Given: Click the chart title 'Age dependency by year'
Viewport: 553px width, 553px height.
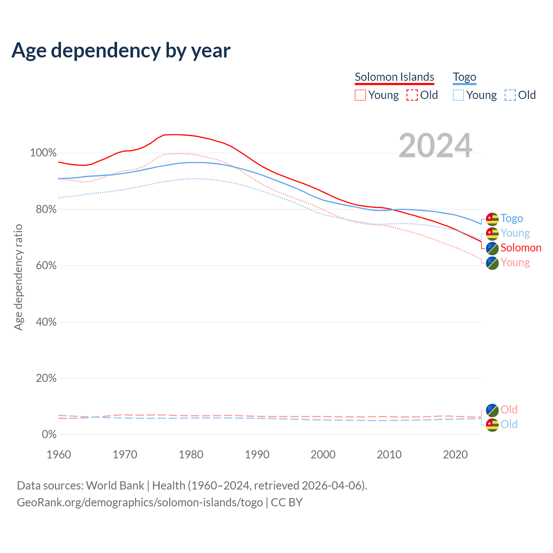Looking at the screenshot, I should coord(121,51).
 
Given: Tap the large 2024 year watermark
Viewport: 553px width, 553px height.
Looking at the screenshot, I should coord(435,146).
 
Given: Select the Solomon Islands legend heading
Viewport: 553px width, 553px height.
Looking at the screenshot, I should coord(394,77).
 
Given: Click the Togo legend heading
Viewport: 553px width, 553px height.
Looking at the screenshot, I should coord(464,77).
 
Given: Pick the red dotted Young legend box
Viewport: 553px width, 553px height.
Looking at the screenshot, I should coord(360,95).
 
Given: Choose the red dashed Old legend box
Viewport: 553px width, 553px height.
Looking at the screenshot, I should coord(412,95).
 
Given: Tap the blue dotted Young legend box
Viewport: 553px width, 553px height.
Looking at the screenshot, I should coord(458,95).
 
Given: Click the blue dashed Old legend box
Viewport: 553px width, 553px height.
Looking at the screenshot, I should coord(510,95).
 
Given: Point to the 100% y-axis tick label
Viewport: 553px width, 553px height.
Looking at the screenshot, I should coord(43,153).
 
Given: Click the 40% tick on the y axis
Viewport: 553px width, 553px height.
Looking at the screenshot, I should coord(45,322).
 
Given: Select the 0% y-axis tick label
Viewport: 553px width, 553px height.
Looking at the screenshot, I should coord(49,435).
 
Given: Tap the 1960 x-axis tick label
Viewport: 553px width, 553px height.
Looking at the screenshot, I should coord(59,454).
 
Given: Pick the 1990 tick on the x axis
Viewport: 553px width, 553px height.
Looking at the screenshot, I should coord(257,454).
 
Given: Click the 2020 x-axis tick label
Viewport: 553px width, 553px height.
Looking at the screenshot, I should coord(455,454).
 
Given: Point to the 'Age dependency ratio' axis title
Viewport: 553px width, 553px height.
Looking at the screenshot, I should coord(18,277).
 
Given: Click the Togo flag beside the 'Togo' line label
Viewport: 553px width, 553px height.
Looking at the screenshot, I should coord(492,219).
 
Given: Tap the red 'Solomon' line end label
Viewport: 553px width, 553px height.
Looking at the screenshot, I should coord(521,248).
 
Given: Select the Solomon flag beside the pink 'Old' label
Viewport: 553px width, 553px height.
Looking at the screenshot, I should coord(492,410).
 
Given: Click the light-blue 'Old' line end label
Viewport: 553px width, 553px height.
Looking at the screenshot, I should coord(509,424).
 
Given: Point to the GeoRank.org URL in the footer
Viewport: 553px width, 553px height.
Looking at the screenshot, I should coord(140,502).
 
